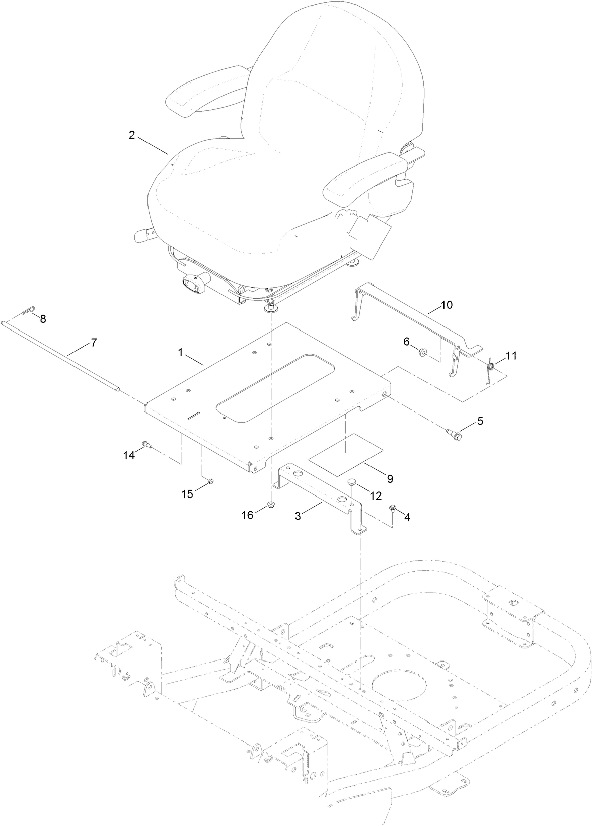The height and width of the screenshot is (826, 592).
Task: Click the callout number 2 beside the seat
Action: [132, 135]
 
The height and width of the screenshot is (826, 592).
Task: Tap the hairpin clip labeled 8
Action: [30, 314]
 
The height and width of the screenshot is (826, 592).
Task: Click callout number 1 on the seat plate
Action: [181, 353]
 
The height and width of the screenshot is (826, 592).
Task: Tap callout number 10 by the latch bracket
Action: [447, 305]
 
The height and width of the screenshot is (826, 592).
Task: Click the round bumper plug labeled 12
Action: [351, 483]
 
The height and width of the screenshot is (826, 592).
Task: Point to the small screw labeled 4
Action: [392, 509]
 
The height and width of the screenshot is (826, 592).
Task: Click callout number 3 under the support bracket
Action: [298, 516]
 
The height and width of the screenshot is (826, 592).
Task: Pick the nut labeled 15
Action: [210, 483]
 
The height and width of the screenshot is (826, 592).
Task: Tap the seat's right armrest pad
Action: [362, 174]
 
